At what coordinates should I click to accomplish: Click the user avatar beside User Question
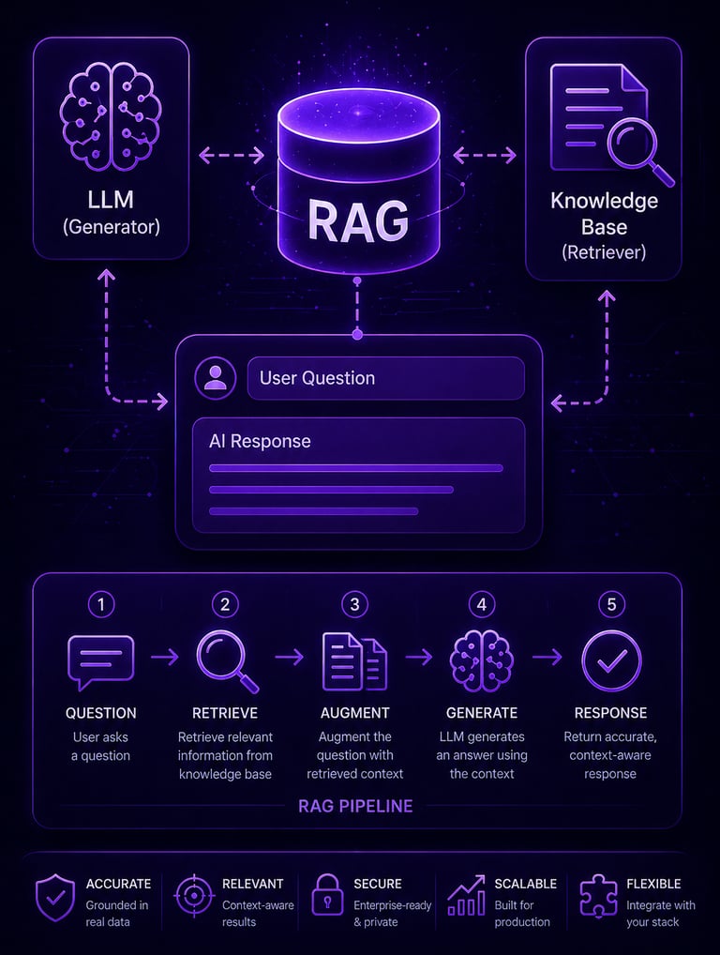point(216,378)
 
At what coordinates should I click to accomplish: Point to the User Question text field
point(384,378)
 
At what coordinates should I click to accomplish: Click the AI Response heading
point(260,441)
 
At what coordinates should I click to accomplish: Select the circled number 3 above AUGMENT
point(354,604)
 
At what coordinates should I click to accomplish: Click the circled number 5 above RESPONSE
point(611,604)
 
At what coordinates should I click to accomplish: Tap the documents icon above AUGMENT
point(354,659)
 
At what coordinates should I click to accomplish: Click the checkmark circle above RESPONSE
point(611,659)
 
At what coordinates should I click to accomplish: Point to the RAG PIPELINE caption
point(355,806)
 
